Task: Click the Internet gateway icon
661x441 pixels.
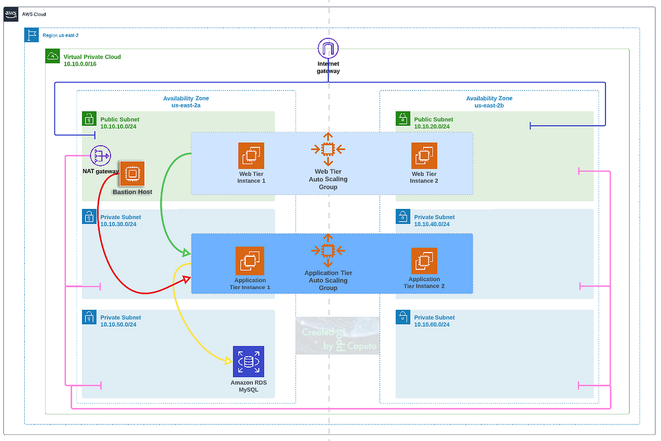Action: (328, 49)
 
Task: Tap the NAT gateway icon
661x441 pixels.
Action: (100, 156)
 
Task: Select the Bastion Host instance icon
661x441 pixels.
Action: (132, 174)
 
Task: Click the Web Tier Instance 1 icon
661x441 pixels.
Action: (251, 156)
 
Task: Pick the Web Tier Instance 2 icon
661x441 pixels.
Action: (424, 156)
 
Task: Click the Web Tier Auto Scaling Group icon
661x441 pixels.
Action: (328, 149)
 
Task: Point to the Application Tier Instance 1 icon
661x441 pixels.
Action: (250, 261)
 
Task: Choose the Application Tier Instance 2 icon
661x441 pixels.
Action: (424, 261)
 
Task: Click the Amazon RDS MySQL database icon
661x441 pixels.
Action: (248, 362)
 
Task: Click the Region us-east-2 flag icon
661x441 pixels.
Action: (31, 35)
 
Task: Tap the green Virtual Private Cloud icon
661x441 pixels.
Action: (52, 56)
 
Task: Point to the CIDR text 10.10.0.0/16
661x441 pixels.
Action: (80, 64)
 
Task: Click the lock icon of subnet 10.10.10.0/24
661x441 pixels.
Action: (89, 119)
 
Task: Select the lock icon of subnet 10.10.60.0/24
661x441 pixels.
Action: (403, 317)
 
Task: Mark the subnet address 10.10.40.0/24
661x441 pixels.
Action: (432, 224)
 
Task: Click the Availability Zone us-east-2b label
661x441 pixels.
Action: (489, 102)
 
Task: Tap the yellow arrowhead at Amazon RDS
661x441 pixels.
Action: (227, 361)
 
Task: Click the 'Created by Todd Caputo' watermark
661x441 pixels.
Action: (337, 335)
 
